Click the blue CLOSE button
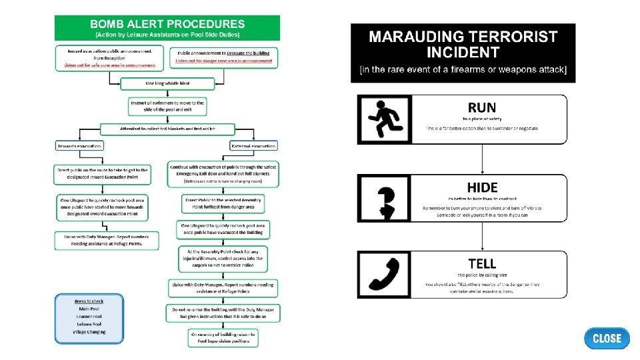(607, 338)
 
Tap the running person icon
(385, 119)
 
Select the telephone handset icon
(385, 275)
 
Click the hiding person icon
(385, 198)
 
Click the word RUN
(481, 107)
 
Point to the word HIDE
(482, 187)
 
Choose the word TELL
(482, 264)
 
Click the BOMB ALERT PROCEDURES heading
(167, 25)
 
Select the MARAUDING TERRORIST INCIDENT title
(463, 45)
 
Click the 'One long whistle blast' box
(167, 84)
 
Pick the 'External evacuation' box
(253, 145)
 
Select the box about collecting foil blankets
(167, 128)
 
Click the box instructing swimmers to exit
(167, 106)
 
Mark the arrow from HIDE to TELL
(482, 236)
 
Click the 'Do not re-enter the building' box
(223, 313)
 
